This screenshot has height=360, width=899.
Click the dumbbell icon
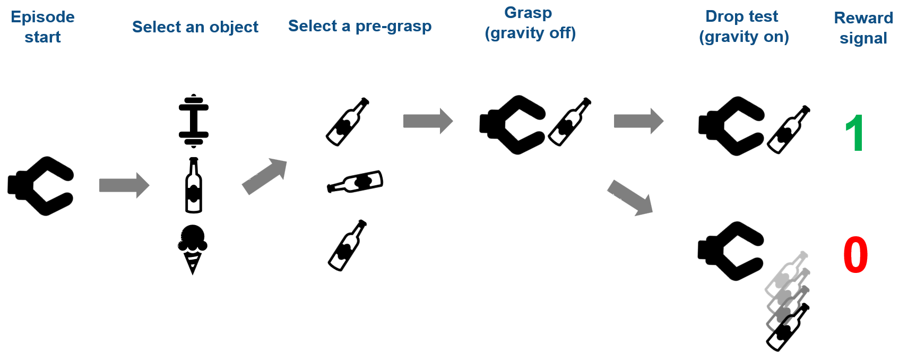click(194, 121)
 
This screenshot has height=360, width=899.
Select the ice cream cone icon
click(193, 248)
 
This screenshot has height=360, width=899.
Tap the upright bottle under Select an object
click(194, 185)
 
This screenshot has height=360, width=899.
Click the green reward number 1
click(854, 133)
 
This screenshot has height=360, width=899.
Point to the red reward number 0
click(855, 255)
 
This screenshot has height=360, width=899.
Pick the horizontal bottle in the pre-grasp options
click(355, 182)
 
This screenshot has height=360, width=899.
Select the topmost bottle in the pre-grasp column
click(348, 122)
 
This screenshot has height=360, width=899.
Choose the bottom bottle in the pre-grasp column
click(348, 245)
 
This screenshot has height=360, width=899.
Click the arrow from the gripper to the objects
click(124, 185)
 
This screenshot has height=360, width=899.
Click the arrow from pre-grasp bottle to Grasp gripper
click(428, 121)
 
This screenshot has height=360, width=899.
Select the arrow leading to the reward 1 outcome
click(638, 121)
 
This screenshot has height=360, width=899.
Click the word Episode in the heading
click(42, 17)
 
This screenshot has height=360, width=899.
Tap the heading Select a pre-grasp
click(360, 26)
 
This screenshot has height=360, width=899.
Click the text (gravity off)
click(530, 33)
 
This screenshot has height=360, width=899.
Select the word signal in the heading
click(863, 38)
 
